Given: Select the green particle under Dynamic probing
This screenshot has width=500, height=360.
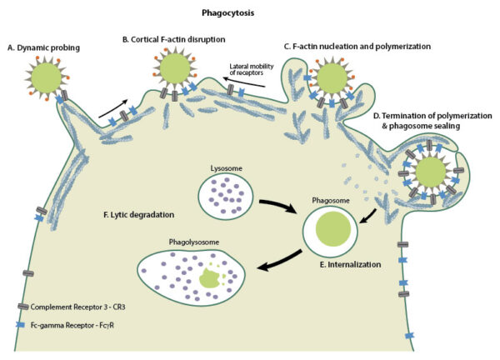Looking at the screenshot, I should point(47,78).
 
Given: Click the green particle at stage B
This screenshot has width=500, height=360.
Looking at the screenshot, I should point(176,66).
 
